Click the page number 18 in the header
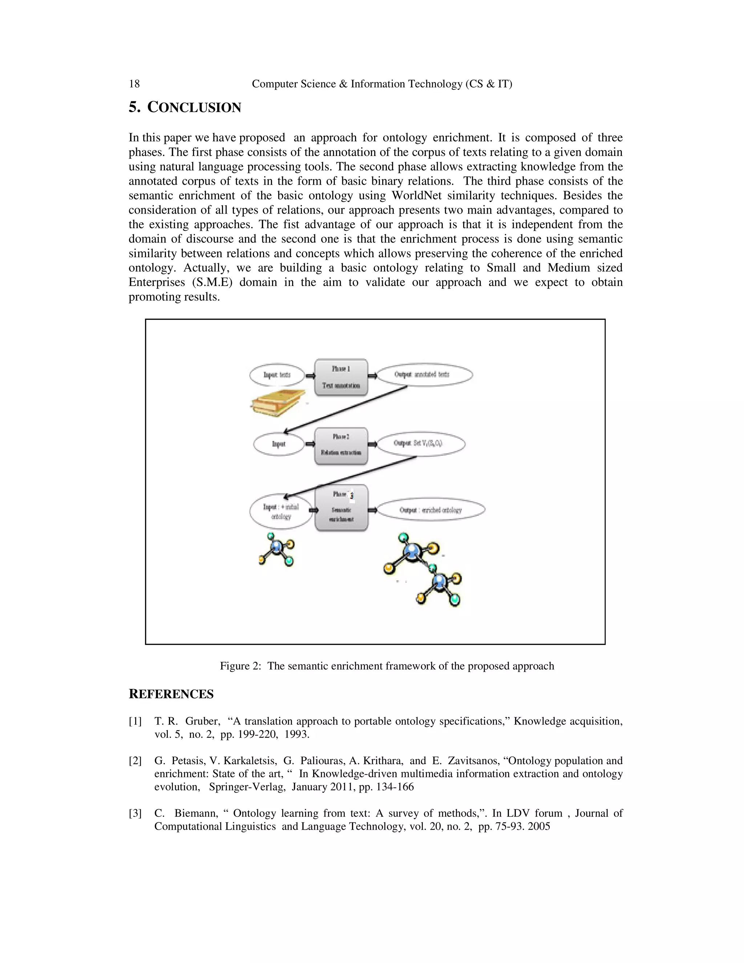point(134,84)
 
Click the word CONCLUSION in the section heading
point(194,108)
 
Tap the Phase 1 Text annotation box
point(341,376)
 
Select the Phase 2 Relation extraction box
point(341,446)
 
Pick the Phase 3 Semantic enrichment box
point(341,508)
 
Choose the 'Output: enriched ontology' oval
point(430,510)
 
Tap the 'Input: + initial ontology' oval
point(281,512)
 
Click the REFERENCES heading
point(171,694)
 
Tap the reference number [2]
point(135,761)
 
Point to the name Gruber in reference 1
point(202,721)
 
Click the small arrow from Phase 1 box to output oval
point(372,376)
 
